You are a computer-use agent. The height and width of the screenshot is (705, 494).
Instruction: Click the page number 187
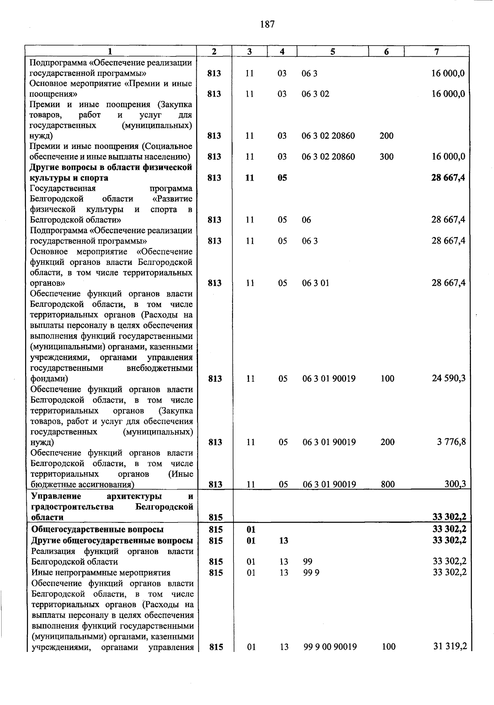tap(267, 24)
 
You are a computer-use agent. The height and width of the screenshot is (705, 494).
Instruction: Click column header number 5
tap(332, 51)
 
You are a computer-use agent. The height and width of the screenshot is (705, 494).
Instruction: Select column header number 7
tap(436, 51)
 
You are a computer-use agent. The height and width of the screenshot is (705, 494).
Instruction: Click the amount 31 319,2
tap(450, 646)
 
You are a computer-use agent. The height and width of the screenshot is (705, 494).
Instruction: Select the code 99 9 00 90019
tap(330, 647)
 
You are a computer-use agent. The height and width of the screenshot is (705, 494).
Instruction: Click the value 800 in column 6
tap(387, 484)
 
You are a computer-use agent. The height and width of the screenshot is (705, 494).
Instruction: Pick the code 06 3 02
tap(315, 94)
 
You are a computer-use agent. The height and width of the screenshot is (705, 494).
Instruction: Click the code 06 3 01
tap(315, 283)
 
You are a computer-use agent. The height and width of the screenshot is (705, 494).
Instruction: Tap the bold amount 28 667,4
tap(448, 178)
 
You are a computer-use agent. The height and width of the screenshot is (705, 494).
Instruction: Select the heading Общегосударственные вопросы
tap(98, 529)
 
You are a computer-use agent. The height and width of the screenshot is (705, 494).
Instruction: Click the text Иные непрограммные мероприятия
tap(101, 573)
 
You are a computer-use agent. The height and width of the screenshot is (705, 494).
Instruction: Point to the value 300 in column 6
tap(387, 156)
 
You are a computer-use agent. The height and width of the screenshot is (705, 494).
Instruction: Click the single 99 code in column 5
tap(308, 561)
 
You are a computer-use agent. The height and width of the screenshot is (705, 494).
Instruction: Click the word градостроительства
tap(72, 507)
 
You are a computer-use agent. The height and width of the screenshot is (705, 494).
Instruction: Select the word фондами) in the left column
tap(49, 378)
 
